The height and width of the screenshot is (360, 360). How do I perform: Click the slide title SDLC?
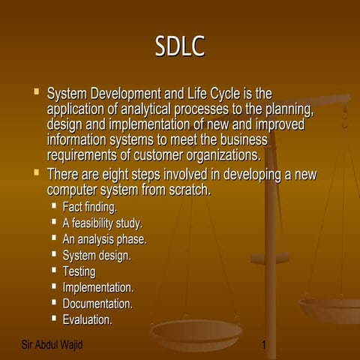179,46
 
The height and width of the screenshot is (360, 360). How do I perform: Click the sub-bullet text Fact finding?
89,206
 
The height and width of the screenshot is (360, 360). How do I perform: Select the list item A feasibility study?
102,223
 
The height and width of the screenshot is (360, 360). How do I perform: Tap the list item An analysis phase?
104,239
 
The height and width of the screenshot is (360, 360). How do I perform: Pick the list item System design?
97,255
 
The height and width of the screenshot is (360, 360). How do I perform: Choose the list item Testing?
79,271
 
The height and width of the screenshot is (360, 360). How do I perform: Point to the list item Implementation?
98,287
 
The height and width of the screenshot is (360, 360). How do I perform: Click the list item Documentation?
97,304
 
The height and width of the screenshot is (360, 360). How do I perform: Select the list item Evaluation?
87,320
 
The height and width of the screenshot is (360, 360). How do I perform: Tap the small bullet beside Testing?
54,269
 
